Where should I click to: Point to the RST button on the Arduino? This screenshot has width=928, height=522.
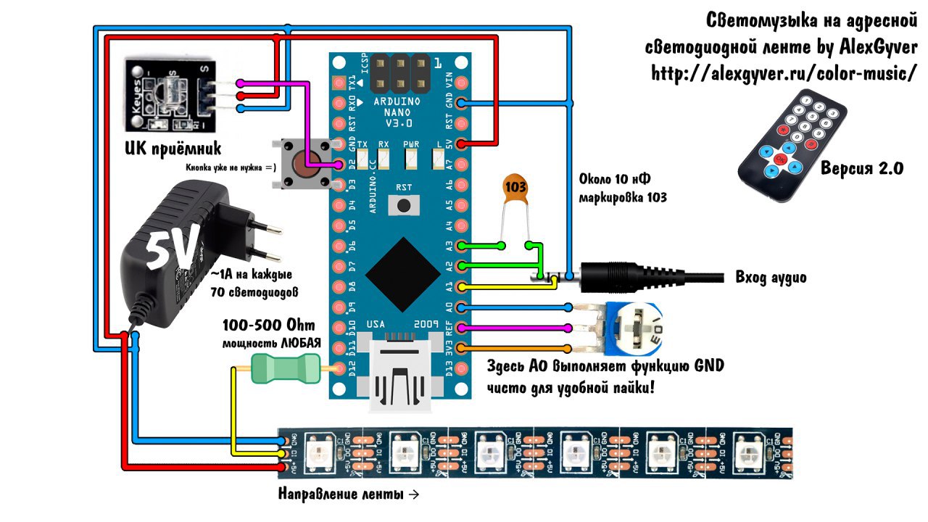coord(404,205)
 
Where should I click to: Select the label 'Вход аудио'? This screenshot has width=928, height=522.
coord(770,278)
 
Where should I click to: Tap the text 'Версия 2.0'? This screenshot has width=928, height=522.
coord(862,169)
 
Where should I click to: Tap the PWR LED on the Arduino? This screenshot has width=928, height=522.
coord(411,156)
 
